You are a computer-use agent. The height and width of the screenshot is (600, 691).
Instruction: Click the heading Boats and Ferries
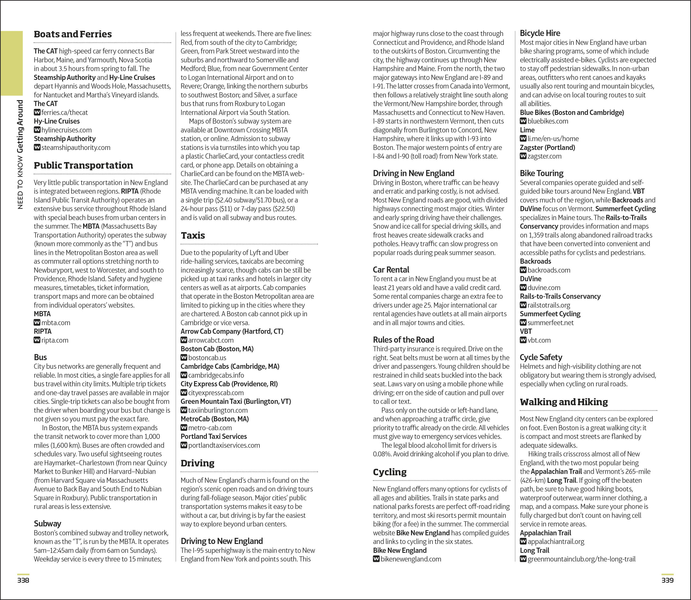pyautogui.click(x=73, y=34)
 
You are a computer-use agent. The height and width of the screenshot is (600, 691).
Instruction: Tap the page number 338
pyautogui.click(x=23, y=580)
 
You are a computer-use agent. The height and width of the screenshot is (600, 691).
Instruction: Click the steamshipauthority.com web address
pyautogui.click(x=76, y=147)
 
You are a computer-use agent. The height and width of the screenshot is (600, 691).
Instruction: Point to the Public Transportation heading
pyautogui.click(x=83, y=165)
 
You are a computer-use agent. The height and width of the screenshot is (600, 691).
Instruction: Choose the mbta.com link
pyautogui.click(x=56, y=323)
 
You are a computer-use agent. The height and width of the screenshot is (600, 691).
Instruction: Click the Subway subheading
pyautogui.click(x=47, y=524)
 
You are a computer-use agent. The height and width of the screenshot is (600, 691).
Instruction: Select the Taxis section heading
pyautogui.click(x=193, y=235)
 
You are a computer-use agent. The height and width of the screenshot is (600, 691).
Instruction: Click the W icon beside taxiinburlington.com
pyautogui.click(x=184, y=410)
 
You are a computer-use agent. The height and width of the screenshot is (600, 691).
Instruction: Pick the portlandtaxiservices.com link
pyautogui.click(x=224, y=445)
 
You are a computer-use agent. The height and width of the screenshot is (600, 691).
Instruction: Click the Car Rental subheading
pyautogui.click(x=391, y=270)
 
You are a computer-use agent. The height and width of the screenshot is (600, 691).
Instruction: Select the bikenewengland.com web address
pyautogui.click(x=411, y=559)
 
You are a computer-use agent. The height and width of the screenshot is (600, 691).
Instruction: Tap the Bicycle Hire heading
pyautogui.click(x=540, y=33)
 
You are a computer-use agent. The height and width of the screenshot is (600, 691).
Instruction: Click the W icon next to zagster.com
pyautogui.click(x=523, y=156)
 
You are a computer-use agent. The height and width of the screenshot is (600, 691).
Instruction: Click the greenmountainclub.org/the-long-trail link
pyautogui.click(x=581, y=559)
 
